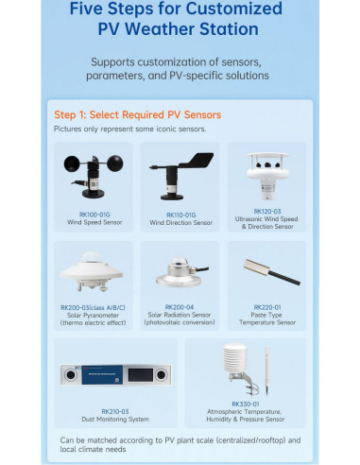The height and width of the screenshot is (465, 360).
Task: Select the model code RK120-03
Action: [267, 212]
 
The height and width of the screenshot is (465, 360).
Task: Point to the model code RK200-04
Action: [180, 307]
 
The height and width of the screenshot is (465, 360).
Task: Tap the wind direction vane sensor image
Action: [178, 173]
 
